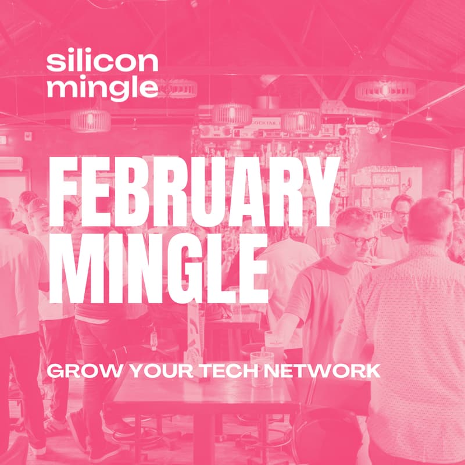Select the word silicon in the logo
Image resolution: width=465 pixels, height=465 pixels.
102,62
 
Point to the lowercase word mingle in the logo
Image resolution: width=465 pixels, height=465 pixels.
102,87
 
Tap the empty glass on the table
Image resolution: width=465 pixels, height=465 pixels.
262,368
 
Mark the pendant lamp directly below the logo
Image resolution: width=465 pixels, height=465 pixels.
91,120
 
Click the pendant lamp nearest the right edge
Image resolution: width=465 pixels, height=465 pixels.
385,90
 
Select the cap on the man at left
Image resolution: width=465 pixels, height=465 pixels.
37,205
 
